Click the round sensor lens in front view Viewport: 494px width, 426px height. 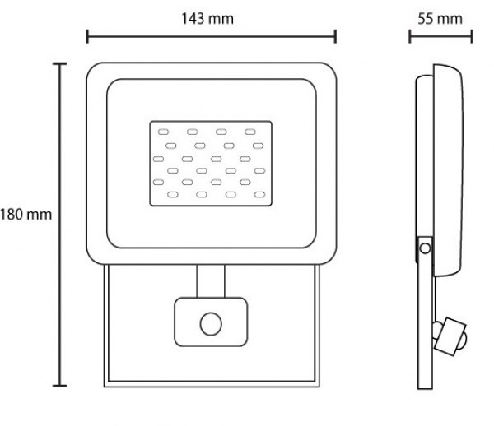pyautogui.click(x=209, y=322)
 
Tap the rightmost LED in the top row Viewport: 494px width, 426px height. pyautogui.click(x=249, y=131)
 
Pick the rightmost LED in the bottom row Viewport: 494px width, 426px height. pyautogui.click(x=260, y=196)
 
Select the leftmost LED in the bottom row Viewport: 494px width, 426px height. pyautogui.click(x=174, y=196)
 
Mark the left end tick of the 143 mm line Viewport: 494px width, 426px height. pyautogui.click(x=87, y=35)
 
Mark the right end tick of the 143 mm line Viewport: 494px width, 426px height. pyautogui.click(x=335, y=35)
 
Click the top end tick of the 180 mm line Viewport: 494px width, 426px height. pyautogui.click(x=58, y=63)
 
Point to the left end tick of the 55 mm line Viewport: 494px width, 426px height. pyautogui.click(x=410, y=35)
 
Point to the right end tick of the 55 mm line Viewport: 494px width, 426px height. pyautogui.click(x=473, y=35)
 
